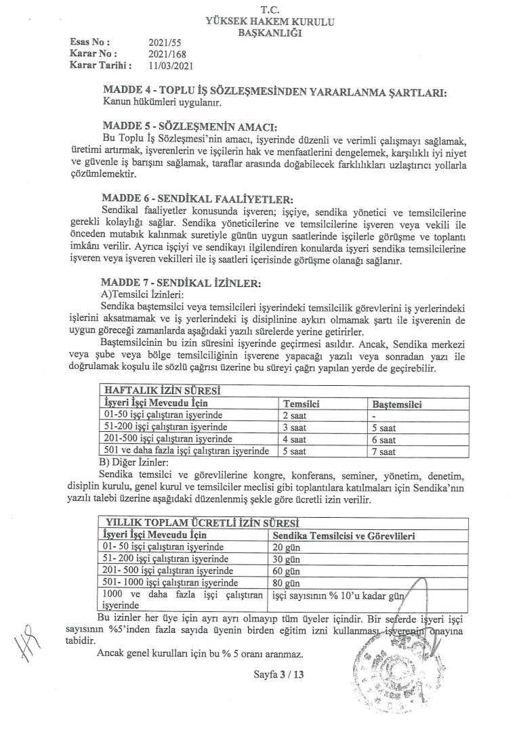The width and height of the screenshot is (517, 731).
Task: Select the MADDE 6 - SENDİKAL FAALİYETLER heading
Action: coord(196,199)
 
